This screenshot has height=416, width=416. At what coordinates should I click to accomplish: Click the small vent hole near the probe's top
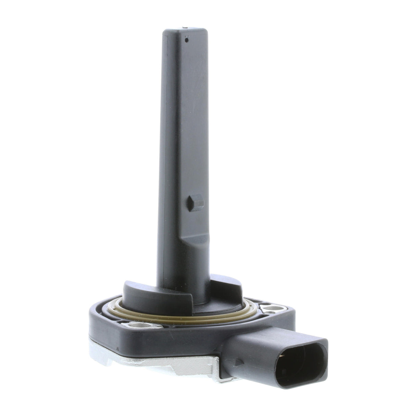[x=186, y=40]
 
